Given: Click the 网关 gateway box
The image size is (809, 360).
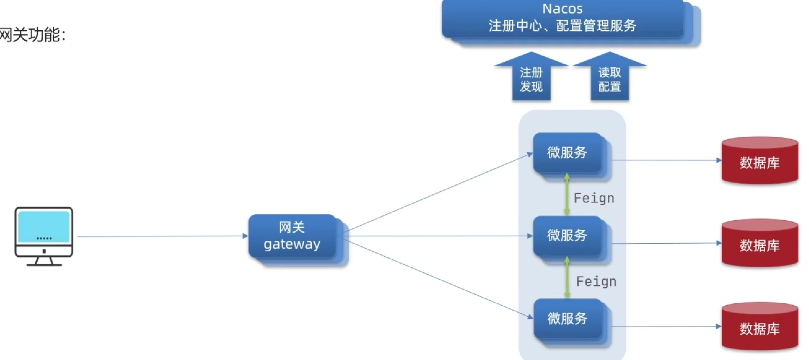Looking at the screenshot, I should pyautogui.click(x=292, y=236).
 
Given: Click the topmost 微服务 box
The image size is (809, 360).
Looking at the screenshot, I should pyautogui.click(x=567, y=153).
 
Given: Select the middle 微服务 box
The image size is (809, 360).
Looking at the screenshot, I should pyautogui.click(x=567, y=236).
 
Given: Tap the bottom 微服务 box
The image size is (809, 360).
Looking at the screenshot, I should pyautogui.click(x=567, y=318).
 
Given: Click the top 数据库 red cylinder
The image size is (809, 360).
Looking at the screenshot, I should pyautogui.click(x=760, y=161).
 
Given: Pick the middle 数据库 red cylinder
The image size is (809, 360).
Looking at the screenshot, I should pyautogui.click(x=760, y=244).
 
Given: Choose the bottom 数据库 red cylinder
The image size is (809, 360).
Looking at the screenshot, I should pyautogui.click(x=760, y=327).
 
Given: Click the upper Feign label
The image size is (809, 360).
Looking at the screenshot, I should pyautogui.click(x=594, y=198).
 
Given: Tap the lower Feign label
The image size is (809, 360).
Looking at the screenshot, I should pyautogui.click(x=596, y=282).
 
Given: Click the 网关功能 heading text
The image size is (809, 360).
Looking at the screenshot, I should pyautogui.click(x=33, y=35).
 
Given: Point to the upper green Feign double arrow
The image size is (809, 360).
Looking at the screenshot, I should pyautogui.click(x=567, y=194).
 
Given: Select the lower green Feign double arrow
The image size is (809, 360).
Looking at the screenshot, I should pyautogui.click(x=567, y=278).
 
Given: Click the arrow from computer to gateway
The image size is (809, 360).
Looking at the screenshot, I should pyautogui.click(x=163, y=236).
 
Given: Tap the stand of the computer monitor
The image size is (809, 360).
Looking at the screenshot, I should pyautogui.click(x=44, y=261).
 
